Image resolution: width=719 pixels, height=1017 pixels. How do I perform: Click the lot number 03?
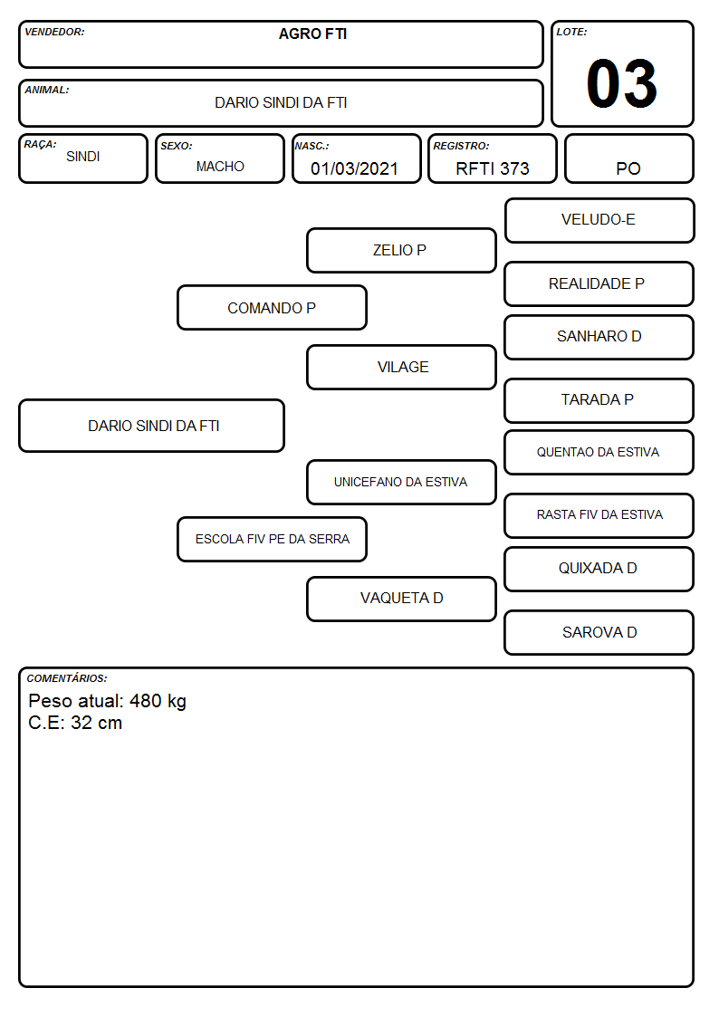[x=622, y=83]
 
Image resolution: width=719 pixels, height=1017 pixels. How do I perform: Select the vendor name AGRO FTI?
[x=312, y=34]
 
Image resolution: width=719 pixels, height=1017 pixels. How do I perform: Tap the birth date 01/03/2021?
[x=354, y=168]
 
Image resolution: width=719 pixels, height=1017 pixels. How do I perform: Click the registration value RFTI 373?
[x=492, y=168]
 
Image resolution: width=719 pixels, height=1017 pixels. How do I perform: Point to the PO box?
[x=628, y=158]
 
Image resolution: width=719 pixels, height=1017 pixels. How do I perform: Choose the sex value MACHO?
[x=220, y=167]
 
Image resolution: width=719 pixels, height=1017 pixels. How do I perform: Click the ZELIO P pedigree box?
[x=401, y=250]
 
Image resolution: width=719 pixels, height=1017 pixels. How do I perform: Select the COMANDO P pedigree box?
[x=272, y=307]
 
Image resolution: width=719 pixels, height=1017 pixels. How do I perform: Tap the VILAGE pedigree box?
[x=401, y=367]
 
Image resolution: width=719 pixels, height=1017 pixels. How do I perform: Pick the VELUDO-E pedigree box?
[x=599, y=221]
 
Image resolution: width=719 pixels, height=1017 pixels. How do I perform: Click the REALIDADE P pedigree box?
[x=599, y=283]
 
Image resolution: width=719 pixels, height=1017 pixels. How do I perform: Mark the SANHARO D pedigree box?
[x=599, y=337]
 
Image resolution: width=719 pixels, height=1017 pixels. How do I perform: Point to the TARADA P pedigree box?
[x=599, y=401]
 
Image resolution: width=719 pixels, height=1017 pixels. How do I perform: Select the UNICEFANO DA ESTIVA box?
[x=401, y=482]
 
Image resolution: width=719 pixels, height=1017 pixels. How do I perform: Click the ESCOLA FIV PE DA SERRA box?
[x=272, y=539]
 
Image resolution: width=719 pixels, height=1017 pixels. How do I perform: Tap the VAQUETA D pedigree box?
[x=401, y=599]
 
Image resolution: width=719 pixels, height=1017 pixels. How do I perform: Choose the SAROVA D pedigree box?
[x=599, y=632]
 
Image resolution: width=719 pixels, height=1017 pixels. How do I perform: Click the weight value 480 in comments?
[x=145, y=701]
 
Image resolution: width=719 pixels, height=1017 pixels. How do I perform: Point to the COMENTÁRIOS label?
[x=67, y=678]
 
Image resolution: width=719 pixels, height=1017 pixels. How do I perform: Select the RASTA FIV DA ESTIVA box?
[x=599, y=515]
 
